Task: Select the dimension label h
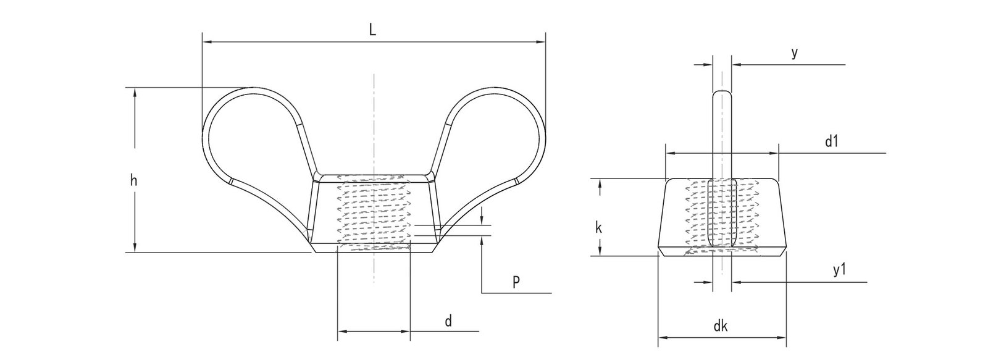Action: pos(133,180)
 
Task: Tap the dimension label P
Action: pos(516,282)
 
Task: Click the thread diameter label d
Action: pos(449,321)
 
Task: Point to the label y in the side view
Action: pos(795,54)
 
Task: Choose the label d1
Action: pos(831,141)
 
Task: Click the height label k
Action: pos(598,227)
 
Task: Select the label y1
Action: pos(837,270)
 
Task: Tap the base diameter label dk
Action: pos(720,327)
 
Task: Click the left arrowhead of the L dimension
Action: pos(206,42)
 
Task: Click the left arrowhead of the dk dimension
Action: pos(662,338)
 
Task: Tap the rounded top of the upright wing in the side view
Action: pos(722,93)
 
